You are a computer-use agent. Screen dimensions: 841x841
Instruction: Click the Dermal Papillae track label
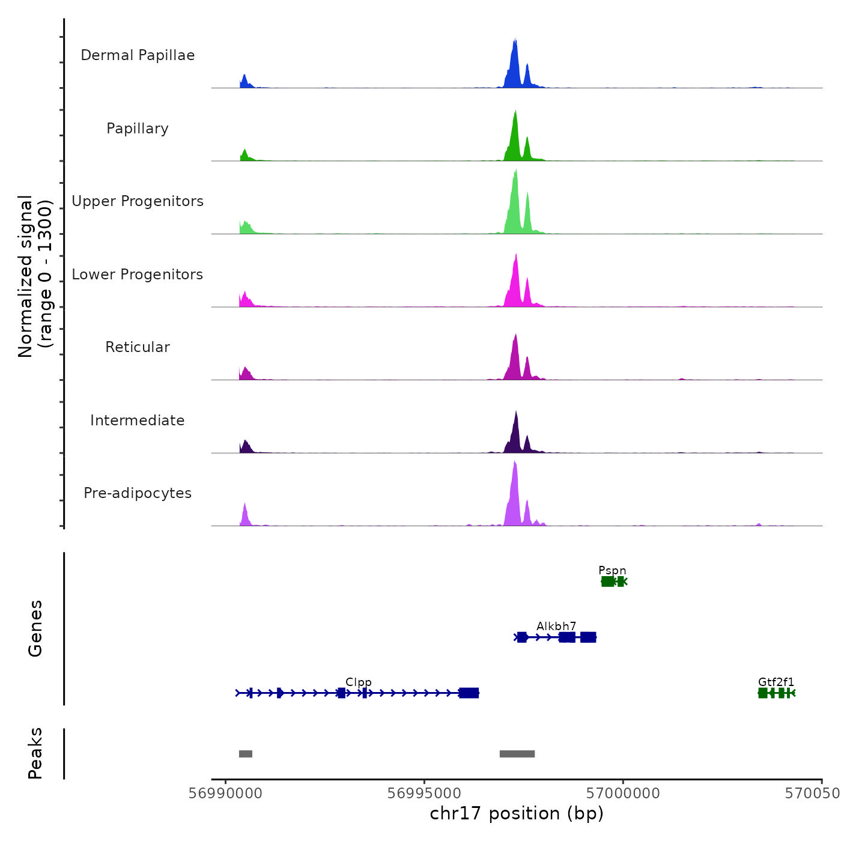tap(138, 55)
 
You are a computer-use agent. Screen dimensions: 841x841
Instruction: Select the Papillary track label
tap(138, 129)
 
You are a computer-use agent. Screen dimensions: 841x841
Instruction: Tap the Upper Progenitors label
tap(138, 201)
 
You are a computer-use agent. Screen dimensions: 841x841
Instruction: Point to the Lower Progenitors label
tap(138, 275)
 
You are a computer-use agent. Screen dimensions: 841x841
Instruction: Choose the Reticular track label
tap(138, 347)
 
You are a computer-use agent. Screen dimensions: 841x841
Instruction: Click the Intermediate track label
tap(138, 421)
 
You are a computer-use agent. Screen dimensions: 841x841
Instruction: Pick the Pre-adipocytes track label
tap(138, 493)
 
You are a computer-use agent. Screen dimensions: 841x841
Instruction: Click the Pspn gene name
tap(612, 570)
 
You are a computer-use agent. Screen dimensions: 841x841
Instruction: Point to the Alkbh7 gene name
tap(556, 626)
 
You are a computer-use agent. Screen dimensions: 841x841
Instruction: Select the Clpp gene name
tap(359, 682)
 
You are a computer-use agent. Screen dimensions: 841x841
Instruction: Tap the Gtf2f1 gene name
tap(776, 682)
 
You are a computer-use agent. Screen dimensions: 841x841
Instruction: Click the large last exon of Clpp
tap(469, 693)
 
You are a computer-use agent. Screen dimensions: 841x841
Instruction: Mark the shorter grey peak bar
tap(246, 754)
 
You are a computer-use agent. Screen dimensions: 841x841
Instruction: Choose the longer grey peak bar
tap(517, 754)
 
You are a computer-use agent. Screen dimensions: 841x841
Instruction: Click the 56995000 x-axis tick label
tap(424, 793)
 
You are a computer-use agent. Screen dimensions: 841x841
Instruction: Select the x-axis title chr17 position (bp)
tap(517, 813)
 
